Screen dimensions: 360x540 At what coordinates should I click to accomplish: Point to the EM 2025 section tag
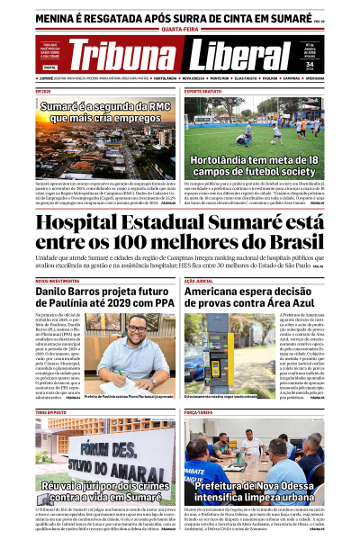coord(43,91)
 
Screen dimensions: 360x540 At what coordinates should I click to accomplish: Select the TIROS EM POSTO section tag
coord(51,412)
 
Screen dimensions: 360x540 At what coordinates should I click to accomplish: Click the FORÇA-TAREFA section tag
coord(199,412)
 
